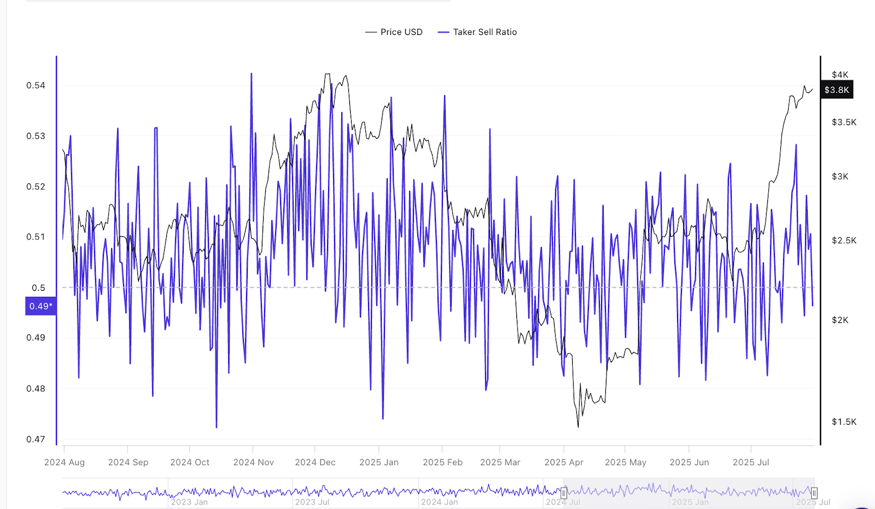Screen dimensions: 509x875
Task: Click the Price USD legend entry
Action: click(401, 32)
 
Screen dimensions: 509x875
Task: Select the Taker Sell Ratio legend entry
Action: click(485, 32)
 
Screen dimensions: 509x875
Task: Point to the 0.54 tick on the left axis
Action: click(36, 85)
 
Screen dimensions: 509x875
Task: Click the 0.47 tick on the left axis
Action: click(36, 439)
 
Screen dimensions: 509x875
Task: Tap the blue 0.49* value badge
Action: click(40, 306)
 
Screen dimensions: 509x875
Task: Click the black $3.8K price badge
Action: click(837, 90)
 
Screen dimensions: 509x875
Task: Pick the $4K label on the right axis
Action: click(840, 75)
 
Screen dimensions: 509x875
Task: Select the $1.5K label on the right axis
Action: click(844, 422)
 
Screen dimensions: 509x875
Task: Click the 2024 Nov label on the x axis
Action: click(253, 463)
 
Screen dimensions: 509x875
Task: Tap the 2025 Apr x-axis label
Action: click(564, 463)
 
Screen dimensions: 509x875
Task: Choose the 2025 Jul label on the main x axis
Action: click(751, 463)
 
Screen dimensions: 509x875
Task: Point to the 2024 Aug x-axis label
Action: click(65, 463)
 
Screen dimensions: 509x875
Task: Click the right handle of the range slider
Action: click(814, 493)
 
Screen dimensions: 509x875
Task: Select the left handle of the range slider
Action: click(564, 493)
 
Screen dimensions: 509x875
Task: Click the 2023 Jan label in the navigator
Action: click(189, 502)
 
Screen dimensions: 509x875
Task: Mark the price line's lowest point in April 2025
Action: click(578, 426)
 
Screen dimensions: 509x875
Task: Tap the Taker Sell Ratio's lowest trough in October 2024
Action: click(217, 427)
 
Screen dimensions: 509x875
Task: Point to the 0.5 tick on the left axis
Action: click(38, 288)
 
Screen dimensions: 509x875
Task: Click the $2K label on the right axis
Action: click(840, 320)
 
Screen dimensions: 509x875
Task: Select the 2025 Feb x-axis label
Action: click(442, 463)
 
